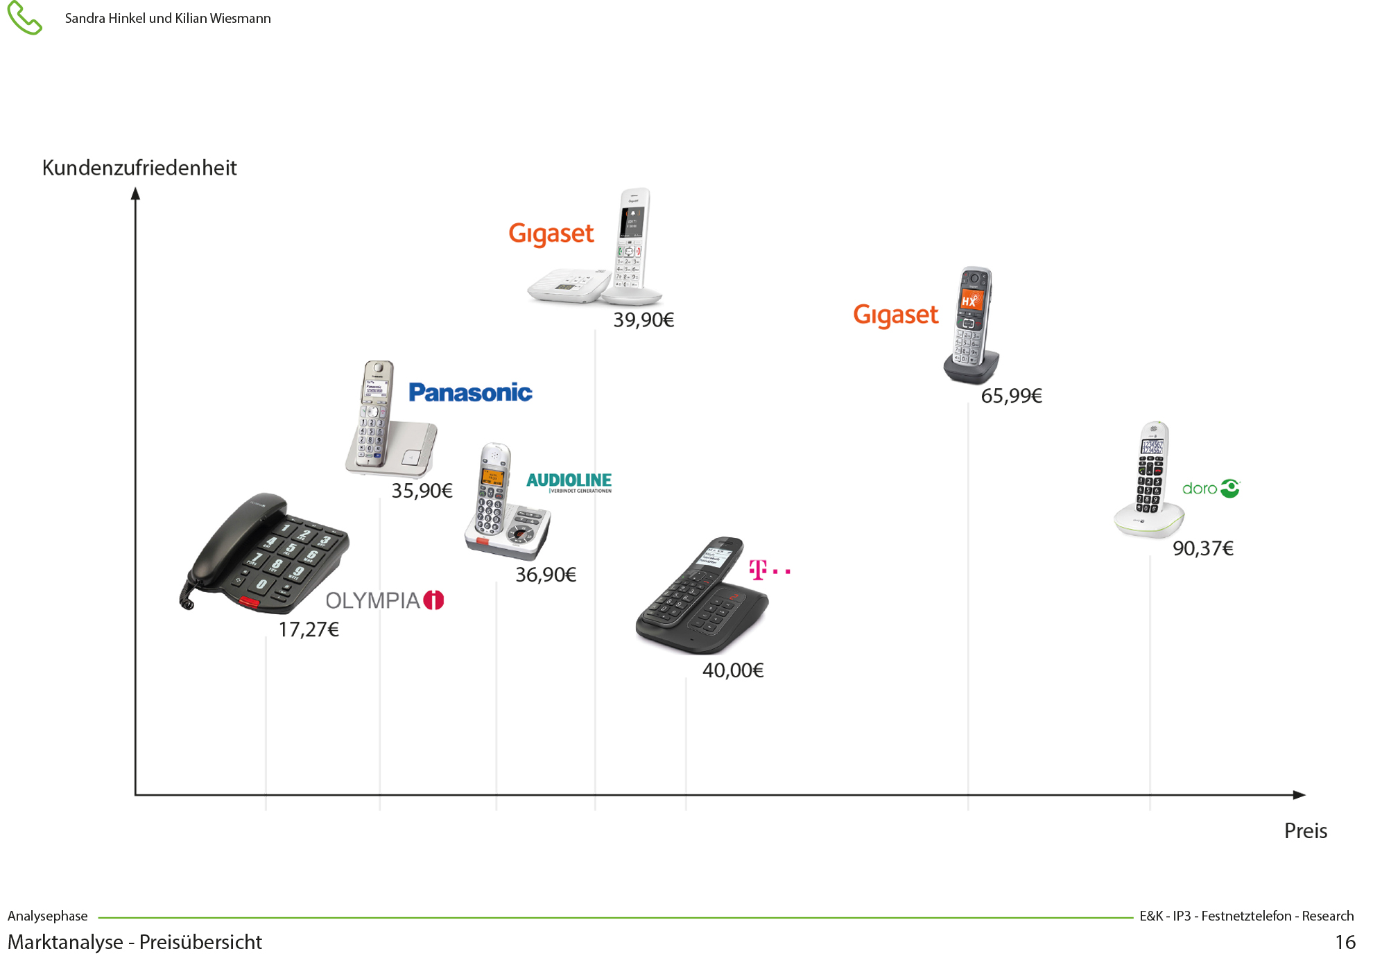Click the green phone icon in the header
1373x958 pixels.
(x=24, y=18)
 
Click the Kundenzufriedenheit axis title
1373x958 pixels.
(x=139, y=168)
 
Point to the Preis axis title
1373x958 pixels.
(x=1305, y=830)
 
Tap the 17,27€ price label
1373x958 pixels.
(x=309, y=629)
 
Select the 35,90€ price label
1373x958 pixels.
(x=422, y=491)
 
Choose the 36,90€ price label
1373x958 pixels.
(x=546, y=575)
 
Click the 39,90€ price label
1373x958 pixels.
(x=644, y=320)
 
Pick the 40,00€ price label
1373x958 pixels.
(x=733, y=670)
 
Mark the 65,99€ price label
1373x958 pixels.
(x=1011, y=396)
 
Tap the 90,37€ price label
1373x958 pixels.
(x=1203, y=548)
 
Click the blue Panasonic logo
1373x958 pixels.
(x=470, y=392)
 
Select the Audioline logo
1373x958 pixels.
(x=569, y=482)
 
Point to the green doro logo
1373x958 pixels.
(x=1211, y=489)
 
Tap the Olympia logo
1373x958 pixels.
(x=384, y=600)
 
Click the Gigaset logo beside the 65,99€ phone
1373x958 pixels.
(x=895, y=315)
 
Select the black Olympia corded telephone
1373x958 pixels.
(x=267, y=555)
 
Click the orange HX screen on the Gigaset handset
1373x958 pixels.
(x=971, y=300)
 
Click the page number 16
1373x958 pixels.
(x=1345, y=942)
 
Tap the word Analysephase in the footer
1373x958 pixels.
(x=48, y=916)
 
